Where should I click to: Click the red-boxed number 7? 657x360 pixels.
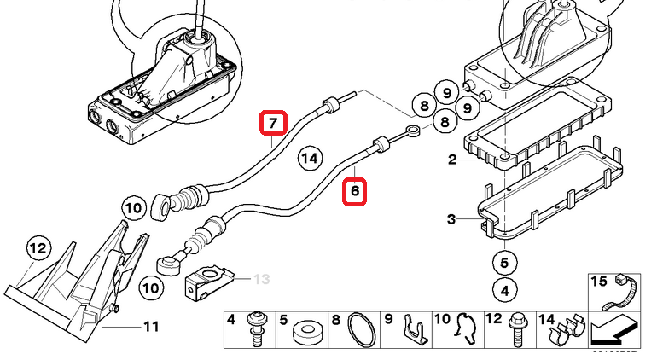tap(273, 125)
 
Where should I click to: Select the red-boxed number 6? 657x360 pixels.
tap(356, 192)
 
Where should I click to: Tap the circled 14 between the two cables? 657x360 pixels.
tap(310, 158)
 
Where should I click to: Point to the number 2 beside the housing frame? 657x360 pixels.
tap(452, 160)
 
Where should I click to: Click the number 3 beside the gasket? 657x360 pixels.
tap(451, 220)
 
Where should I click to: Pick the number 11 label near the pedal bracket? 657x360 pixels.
tap(151, 326)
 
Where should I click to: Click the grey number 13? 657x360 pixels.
tap(260, 279)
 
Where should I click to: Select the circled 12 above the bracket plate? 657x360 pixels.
tap(38, 249)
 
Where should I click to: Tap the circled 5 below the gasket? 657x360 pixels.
tap(504, 263)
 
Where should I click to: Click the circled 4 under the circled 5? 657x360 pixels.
tap(504, 290)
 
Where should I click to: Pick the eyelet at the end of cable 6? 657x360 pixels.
tap(414, 131)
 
